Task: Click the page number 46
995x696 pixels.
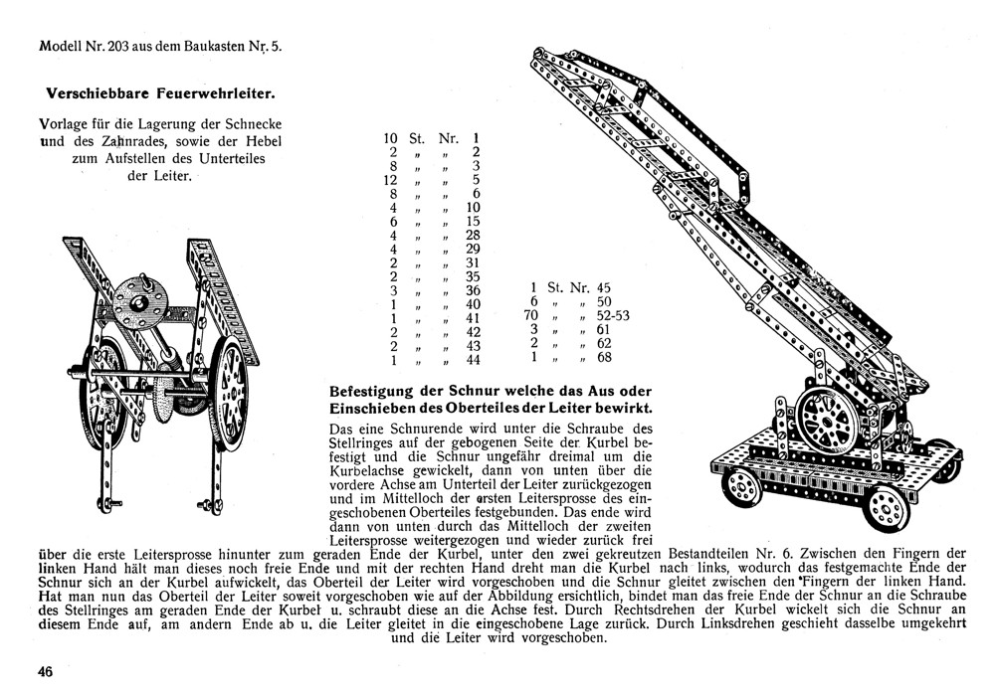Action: pos(45,671)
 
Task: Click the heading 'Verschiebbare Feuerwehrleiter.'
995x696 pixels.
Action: pos(161,94)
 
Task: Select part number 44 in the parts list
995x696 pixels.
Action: pos(474,360)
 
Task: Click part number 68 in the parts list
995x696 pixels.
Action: pos(604,357)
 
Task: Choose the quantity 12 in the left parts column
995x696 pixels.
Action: pos(391,179)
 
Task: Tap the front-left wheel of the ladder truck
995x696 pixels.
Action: pos(743,487)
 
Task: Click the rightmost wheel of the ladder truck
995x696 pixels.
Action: pos(943,469)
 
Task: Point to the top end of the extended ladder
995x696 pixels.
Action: pos(543,57)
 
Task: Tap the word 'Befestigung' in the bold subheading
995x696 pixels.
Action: pos(373,392)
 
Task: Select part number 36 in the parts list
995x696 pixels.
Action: pos(474,290)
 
